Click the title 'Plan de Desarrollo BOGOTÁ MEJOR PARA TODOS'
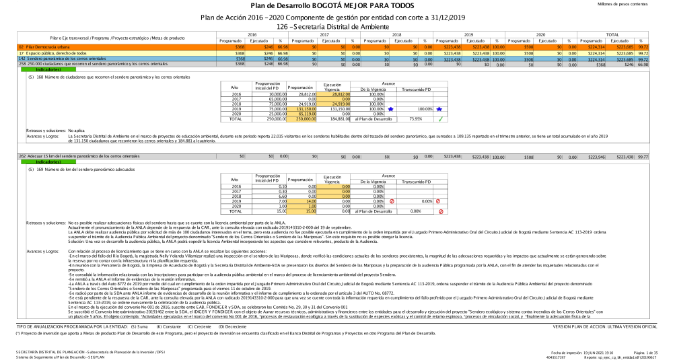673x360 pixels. (x=336, y=5)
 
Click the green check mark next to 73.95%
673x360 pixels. (x=439, y=119)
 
